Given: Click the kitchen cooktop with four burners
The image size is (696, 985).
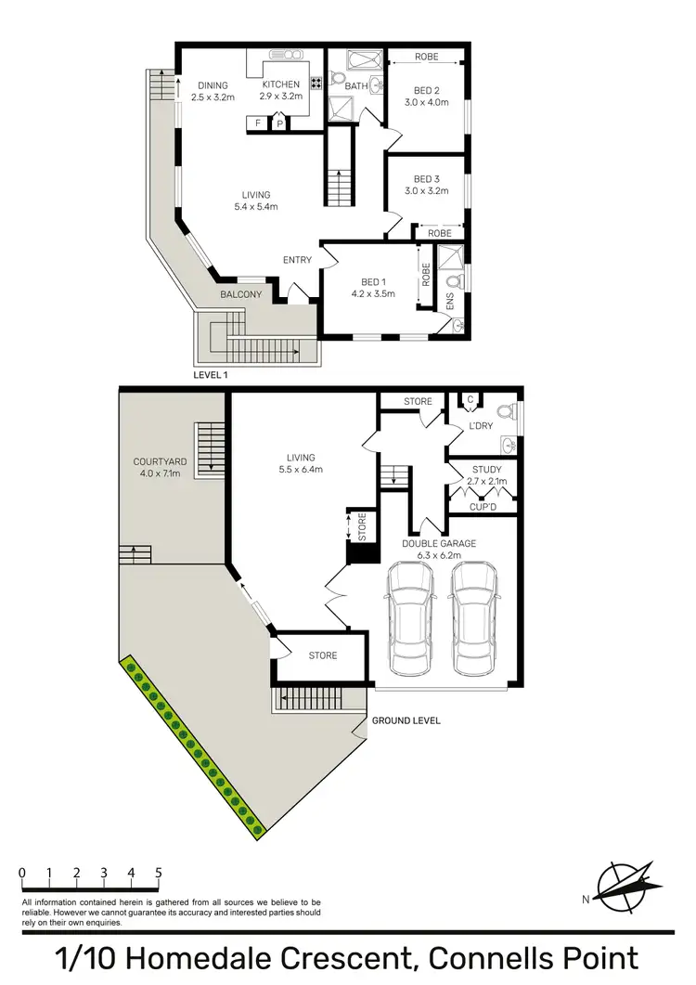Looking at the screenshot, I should point(316,84).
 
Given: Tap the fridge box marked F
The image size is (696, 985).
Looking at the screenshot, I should point(257,123).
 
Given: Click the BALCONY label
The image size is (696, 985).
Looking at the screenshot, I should point(240,294).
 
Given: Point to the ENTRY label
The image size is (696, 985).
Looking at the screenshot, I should point(297,260).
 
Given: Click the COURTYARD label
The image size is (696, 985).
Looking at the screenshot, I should point(156,460).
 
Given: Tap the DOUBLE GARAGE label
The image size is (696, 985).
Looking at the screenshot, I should point(439,543).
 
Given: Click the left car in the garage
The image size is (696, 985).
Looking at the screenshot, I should point(409,619).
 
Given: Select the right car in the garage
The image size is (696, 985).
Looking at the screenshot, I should point(473,619).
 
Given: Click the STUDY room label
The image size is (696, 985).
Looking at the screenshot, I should point(486,470).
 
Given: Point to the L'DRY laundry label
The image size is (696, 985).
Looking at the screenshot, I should point(480,425).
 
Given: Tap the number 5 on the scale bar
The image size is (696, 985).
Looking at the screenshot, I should point(159,873).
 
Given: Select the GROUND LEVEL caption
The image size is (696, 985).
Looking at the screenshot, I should point(406,720).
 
